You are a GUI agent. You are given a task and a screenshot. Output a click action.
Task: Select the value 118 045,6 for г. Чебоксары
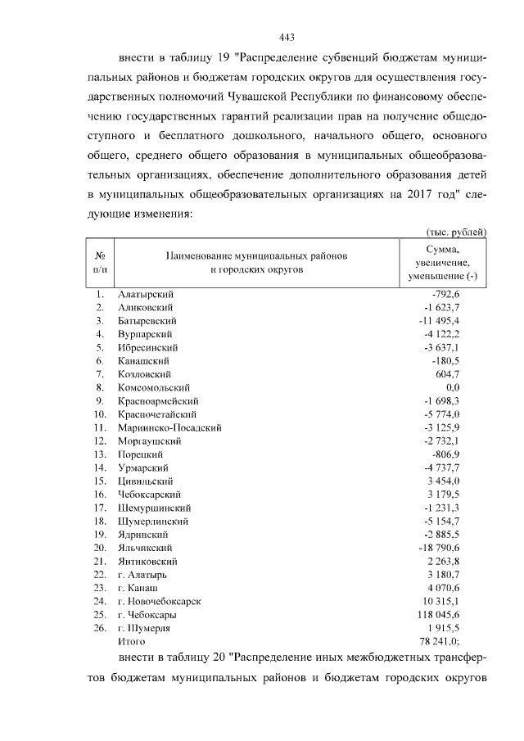[452, 614]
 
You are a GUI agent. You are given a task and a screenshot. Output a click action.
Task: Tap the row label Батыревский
[147, 321]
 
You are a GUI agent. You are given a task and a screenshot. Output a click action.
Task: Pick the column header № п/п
[100, 261]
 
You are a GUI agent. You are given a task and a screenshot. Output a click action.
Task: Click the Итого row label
[131, 641]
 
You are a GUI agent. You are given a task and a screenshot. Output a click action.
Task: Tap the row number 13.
[100, 454]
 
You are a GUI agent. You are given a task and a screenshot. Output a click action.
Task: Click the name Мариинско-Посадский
[169, 427]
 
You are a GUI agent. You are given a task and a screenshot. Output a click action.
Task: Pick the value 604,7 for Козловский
[468, 374]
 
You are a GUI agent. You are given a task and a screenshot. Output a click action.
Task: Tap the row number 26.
[100, 628]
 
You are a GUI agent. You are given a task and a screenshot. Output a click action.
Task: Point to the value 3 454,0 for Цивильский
[463, 481]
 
